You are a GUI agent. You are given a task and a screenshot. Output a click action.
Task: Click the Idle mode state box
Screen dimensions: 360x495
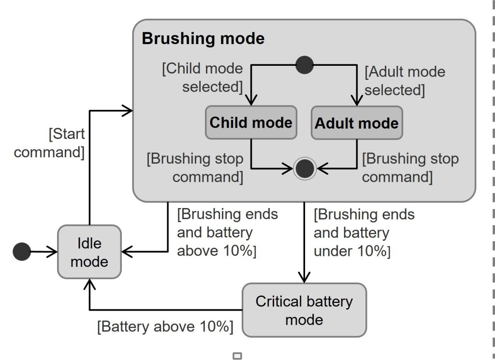(89, 252)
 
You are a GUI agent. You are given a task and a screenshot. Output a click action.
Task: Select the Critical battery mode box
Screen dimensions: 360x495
(304, 310)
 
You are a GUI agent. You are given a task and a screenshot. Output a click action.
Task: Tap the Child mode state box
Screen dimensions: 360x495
(251, 122)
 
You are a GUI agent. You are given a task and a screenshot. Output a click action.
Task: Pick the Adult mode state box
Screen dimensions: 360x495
(357, 123)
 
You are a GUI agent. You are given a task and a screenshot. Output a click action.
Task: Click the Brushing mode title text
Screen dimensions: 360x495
(203, 39)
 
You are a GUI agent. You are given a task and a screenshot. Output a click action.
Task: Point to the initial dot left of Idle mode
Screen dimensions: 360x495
(22, 252)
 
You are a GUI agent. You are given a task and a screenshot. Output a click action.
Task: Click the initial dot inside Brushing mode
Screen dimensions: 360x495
(305, 64)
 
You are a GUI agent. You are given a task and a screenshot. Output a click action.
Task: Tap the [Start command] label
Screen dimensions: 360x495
(49, 143)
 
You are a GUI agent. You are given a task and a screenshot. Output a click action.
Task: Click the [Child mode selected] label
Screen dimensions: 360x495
(203, 77)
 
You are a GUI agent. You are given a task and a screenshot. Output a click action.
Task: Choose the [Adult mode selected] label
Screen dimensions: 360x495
(405, 81)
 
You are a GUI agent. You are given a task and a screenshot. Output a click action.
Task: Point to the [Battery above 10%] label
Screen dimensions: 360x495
(165, 326)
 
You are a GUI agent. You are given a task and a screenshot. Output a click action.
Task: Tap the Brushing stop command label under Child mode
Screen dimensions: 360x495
(195, 167)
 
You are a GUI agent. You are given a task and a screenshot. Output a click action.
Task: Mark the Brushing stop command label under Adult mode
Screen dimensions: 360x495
(410, 167)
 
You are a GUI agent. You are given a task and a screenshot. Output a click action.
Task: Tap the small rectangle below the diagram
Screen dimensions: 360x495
(237, 356)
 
